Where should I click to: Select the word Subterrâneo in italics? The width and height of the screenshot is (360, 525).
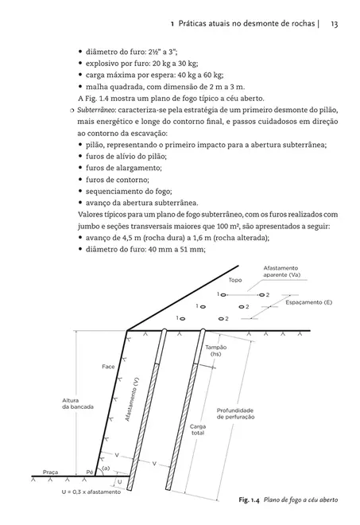[x=78, y=108]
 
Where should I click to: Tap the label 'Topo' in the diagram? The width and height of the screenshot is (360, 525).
[x=234, y=280]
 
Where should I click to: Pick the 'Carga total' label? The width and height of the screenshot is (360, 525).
[x=198, y=430]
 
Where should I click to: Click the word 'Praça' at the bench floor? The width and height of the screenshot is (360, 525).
[x=52, y=471]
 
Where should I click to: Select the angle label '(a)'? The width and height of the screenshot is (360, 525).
[x=105, y=469]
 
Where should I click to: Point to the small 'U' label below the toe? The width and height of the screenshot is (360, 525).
[x=118, y=482]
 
